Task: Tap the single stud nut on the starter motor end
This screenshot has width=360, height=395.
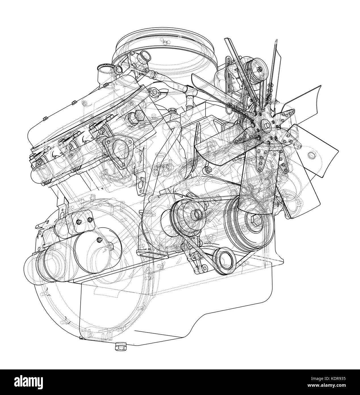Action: click(x=99, y=240)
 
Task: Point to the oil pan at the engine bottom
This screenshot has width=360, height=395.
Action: click(x=170, y=307)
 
